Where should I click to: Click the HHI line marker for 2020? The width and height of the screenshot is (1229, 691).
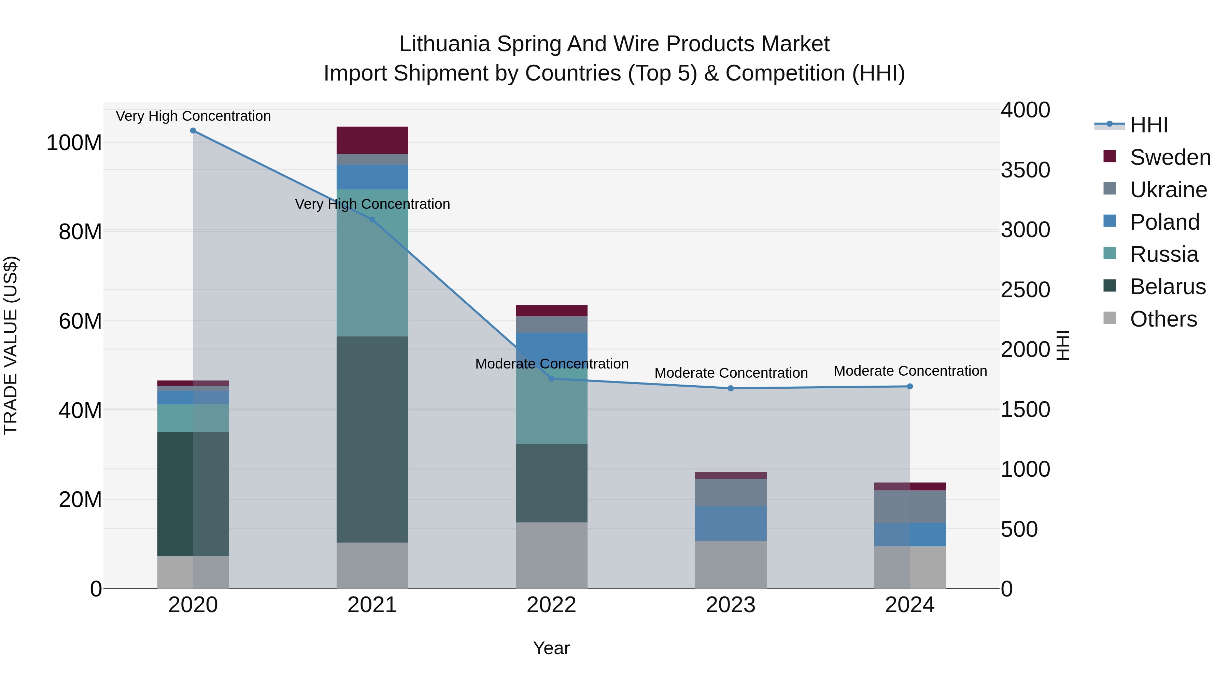pos(193,131)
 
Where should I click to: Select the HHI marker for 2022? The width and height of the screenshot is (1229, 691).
pos(552,379)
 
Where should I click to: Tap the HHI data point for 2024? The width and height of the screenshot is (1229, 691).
pos(910,386)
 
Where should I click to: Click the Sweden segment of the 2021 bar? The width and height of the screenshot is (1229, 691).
pos(372,140)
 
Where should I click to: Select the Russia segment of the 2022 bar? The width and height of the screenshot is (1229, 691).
pos(552,410)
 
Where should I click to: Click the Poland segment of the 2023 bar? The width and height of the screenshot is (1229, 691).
pos(731,523)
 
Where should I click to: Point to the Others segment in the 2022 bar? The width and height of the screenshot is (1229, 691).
pos(552,556)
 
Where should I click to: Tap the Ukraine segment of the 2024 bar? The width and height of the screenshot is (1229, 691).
pos(910,506)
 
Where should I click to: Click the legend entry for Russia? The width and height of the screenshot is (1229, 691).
pos(1164,254)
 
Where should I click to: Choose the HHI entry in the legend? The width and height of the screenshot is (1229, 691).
pos(1149,125)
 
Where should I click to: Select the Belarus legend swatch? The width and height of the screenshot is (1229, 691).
pos(1110,286)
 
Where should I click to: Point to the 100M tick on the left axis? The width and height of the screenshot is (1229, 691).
pos(74,143)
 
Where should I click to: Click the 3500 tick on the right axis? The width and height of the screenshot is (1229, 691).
pos(1025,170)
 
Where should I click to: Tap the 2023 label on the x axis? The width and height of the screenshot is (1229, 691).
pos(731,605)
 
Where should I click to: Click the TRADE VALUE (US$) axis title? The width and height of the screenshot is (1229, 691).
pos(11,345)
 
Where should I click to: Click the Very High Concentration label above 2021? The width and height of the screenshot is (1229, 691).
pos(372,204)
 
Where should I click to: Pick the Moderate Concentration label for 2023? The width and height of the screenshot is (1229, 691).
pos(731,373)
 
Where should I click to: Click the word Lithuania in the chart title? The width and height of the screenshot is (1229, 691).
pos(444,44)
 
